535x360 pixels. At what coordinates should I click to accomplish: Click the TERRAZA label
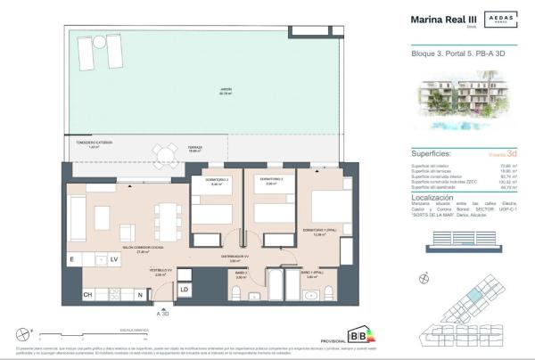pyautogui.click(x=195, y=148)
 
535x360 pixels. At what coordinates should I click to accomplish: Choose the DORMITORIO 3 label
pyautogui.click(x=271, y=181)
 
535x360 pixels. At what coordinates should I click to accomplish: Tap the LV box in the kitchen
pyautogui.click(x=113, y=259)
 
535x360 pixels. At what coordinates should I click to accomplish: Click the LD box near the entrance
pyautogui.click(x=184, y=290)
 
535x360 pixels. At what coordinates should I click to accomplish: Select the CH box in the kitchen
pyautogui.click(x=87, y=294)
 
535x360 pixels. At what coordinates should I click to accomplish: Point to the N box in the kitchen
pyautogui.click(x=140, y=294)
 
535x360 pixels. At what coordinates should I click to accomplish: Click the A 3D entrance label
pyautogui.click(x=163, y=314)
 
